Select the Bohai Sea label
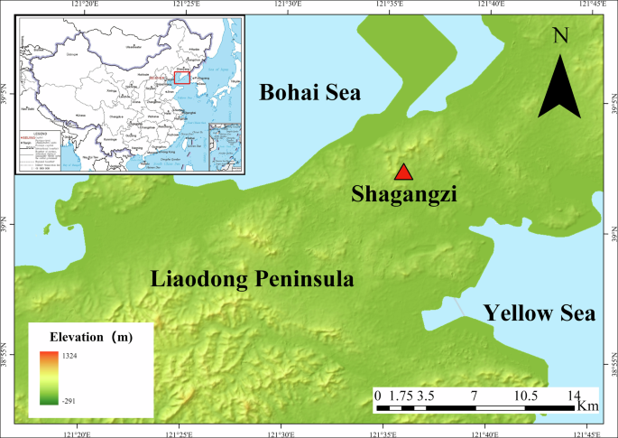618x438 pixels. [309, 92]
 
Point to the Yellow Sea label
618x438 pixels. [540, 313]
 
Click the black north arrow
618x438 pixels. [560, 87]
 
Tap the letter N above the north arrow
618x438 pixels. [561, 35]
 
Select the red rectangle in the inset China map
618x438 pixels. [182, 79]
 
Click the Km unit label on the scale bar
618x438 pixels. [586, 403]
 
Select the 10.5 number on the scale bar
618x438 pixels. [524, 395]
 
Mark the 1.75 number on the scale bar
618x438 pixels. [403, 395]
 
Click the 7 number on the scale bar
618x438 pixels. [474, 395]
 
